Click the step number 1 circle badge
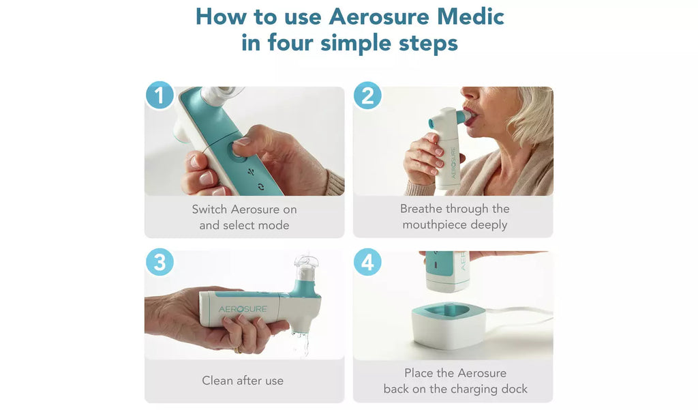pyautogui.click(x=160, y=95)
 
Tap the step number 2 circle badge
pyautogui.click(x=367, y=95)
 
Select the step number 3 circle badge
pyautogui.click(x=160, y=261)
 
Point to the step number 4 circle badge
pyautogui.click(x=367, y=261)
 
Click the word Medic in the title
pyautogui.click(x=470, y=17)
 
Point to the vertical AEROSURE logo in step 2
pyautogui.click(x=453, y=163)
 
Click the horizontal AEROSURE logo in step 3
pyautogui.click(x=243, y=309)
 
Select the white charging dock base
pyautogui.click(x=449, y=325)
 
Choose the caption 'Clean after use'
pyautogui.click(x=243, y=381)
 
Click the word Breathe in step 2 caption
pyautogui.click(x=421, y=209)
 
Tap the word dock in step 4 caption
pyautogui.click(x=514, y=389)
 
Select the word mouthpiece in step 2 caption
pyautogui.click(x=434, y=224)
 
